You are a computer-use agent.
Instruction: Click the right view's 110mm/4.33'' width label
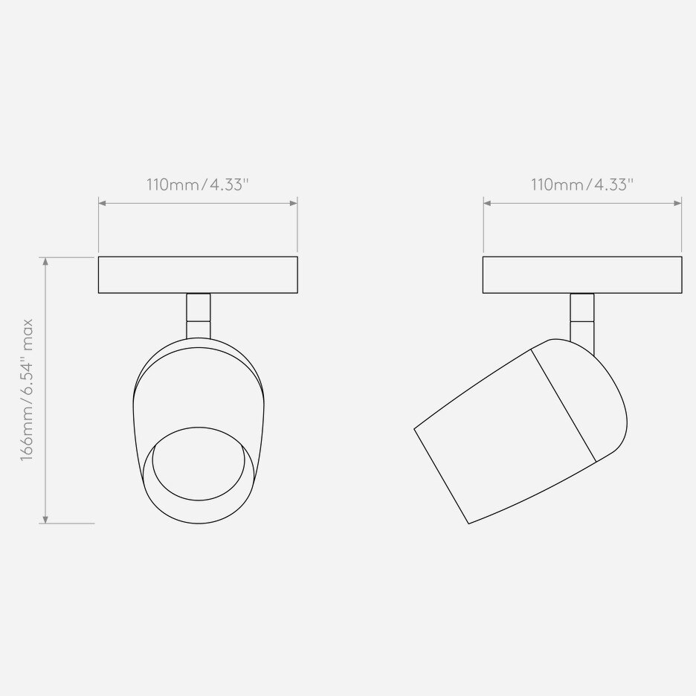point(581,186)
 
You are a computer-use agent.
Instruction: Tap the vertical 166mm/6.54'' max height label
point(28,390)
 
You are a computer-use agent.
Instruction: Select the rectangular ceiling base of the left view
point(198,275)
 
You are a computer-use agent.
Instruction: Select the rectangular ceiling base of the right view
point(582,275)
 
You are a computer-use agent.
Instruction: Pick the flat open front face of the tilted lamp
point(441,477)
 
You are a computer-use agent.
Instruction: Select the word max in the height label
point(28,330)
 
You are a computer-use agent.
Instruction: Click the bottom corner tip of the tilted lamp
point(469,523)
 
